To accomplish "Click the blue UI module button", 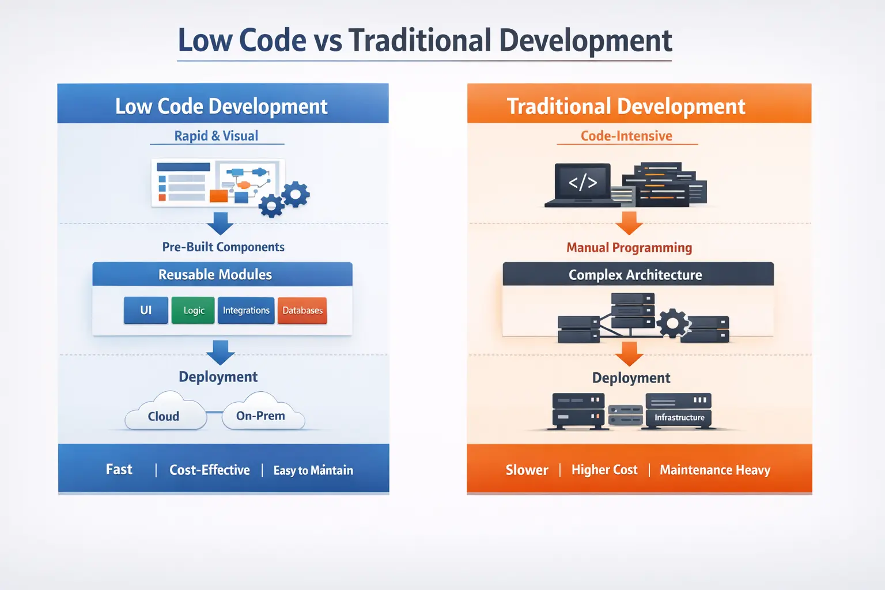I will coord(146,310).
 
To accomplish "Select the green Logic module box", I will coord(193,310).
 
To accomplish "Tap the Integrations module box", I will coord(246,310).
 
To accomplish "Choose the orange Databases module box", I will coord(302,310).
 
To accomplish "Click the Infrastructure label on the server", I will coord(679,417).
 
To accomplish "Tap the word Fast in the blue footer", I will coord(119,470).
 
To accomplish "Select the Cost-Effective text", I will coord(210,470).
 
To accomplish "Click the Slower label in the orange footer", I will coord(527,470).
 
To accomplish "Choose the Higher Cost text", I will coord(604,470).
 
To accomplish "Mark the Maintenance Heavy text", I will coord(714,470).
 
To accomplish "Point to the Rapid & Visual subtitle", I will coord(217,136).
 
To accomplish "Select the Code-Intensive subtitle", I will coord(626,136).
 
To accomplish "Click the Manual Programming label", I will coord(629,248).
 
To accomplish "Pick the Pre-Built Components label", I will coord(224,247).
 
